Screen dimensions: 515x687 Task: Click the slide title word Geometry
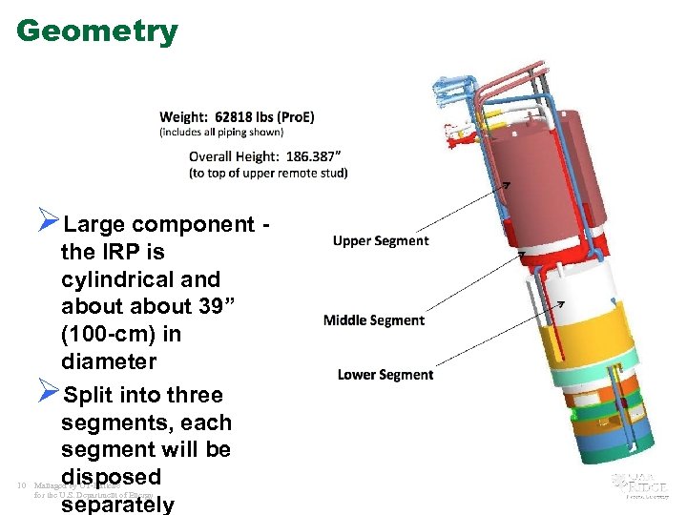pos(97,31)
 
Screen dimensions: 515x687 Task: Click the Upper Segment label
pos(381,241)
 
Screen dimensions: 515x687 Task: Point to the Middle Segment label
pos(374,320)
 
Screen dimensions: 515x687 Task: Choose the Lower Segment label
pos(385,375)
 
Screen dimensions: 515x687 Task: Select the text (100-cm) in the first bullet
pos(121,335)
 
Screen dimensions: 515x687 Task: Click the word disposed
pos(111,476)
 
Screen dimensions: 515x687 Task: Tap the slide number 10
pos(20,486)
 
